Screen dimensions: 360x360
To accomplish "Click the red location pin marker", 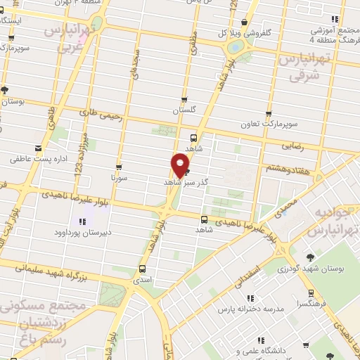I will point(180,165).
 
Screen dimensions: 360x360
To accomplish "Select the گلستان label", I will point(184,111).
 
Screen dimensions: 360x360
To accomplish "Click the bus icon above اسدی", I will point(143,269).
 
